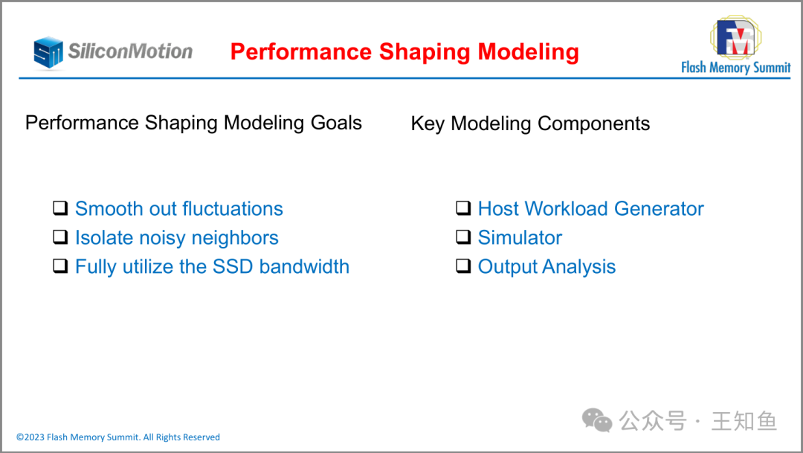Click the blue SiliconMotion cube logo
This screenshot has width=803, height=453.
click(x=48, y=52)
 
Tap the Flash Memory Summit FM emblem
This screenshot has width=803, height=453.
click(x=736, y=37)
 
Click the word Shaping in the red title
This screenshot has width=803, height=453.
click(x=425, y=52)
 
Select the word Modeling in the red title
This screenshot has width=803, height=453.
click(x=528, y=52)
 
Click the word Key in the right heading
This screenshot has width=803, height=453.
click(x=428, y=124)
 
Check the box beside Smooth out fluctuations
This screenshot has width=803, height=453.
click(x=60, y=208)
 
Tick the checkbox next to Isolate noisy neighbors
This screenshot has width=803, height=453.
click(x=60, y=237)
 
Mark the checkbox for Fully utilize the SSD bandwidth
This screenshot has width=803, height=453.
click(x=60, y=266)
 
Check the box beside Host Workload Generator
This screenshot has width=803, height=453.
click(x=463, y=208)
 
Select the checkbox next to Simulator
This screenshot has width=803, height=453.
click(x=463, y=237)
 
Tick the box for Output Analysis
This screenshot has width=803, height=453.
click(x=463, y=266)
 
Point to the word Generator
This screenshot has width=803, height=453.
click(x=659, y=208)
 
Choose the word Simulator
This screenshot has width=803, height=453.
click(x=520, y=238)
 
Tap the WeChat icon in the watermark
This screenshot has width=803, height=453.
click(x=597, y=420)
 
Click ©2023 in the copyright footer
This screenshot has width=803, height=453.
click(x=30, y=437)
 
